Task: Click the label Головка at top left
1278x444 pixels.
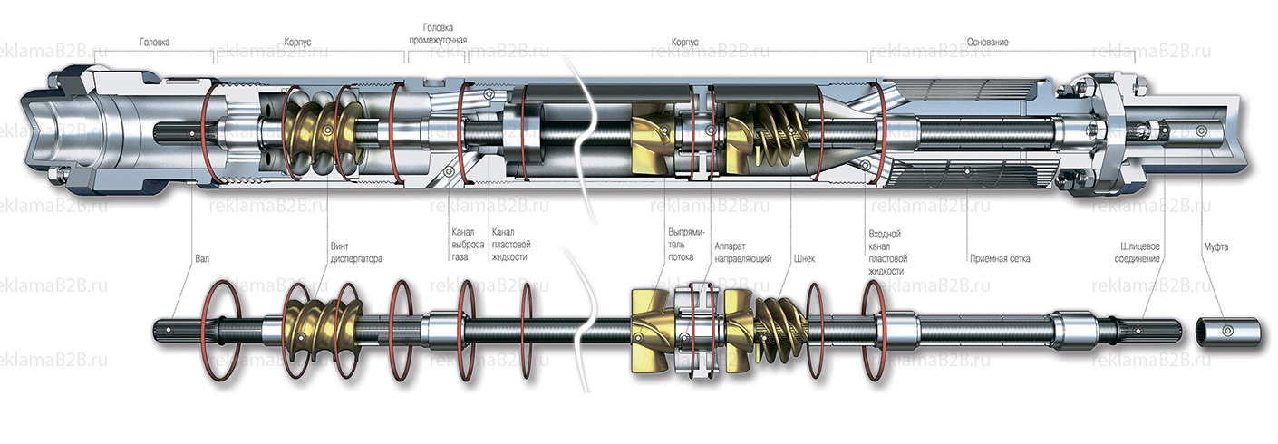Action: (154, 42)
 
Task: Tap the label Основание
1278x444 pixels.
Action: (987, 42)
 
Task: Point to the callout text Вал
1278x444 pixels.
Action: (202, 258)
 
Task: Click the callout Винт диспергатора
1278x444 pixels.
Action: (356, 252)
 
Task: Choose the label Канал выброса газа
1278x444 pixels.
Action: (462, 245)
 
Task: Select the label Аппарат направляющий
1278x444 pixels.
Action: (742, 252)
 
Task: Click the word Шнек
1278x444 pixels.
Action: (803, 258)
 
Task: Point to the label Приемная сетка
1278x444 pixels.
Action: (999, 258)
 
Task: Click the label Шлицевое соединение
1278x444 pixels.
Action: (1139, 252)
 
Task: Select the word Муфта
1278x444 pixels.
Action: (1216, 246)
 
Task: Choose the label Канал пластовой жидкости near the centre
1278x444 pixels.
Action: (509, 245)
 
